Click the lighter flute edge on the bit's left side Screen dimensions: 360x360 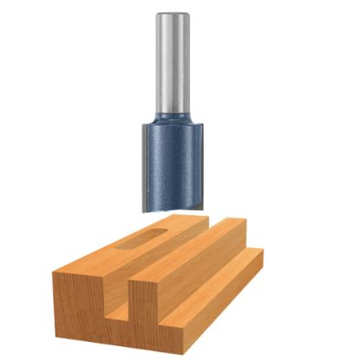(x=147, y=165)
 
